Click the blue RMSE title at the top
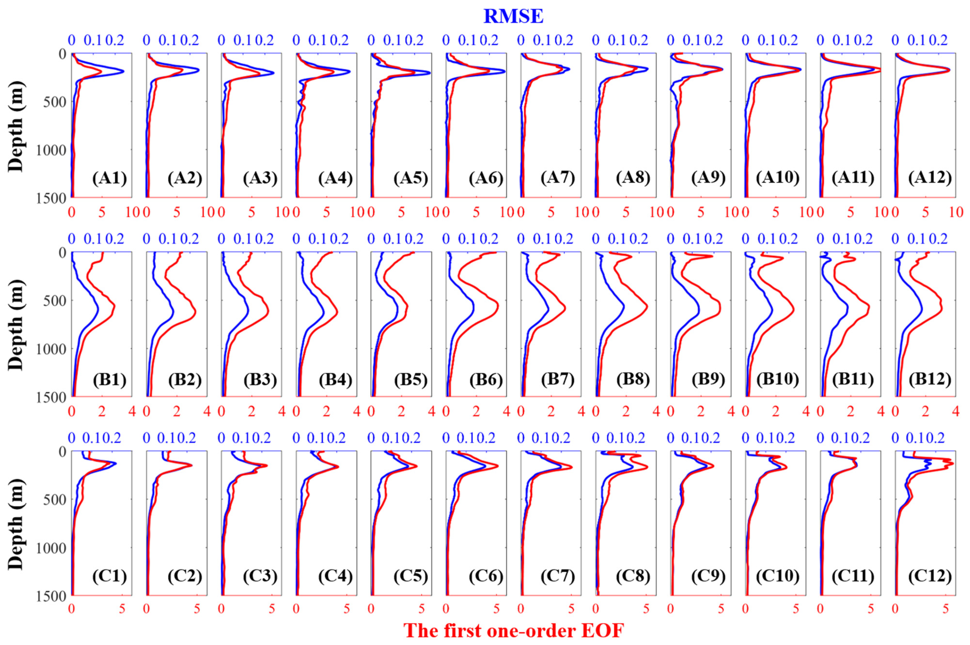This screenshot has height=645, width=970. (513, 16)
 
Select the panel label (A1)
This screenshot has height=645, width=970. (109, 178)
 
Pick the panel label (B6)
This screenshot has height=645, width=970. (486, 379)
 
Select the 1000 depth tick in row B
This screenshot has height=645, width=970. (49, 349)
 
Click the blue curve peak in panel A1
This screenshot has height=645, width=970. (123, 71)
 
